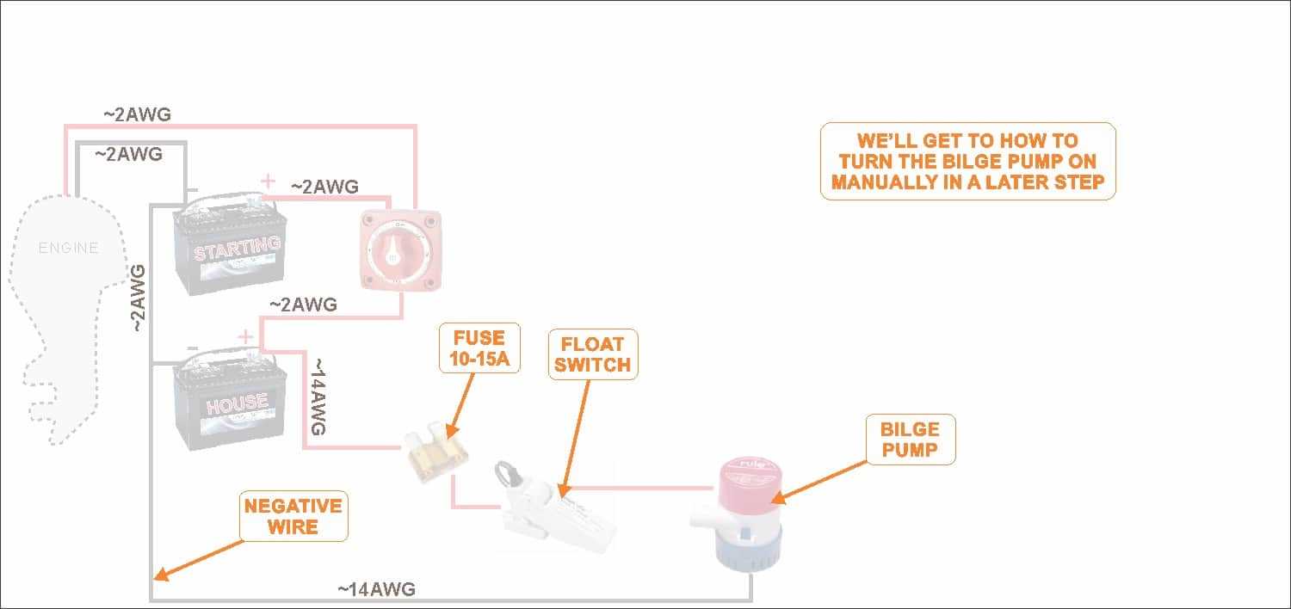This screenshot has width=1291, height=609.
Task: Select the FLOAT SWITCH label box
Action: click(x=592, y=353)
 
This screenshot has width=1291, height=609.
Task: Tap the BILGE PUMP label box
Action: click(x=910, y=439)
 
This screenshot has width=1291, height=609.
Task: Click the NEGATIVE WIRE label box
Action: click(x=293, y=516)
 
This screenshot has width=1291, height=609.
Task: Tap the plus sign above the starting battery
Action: click(x=269, y=181)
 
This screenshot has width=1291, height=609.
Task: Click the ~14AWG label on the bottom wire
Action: click(x=376, y=589)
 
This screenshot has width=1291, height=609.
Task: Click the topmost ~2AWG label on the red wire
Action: click(x=137, y=114)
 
